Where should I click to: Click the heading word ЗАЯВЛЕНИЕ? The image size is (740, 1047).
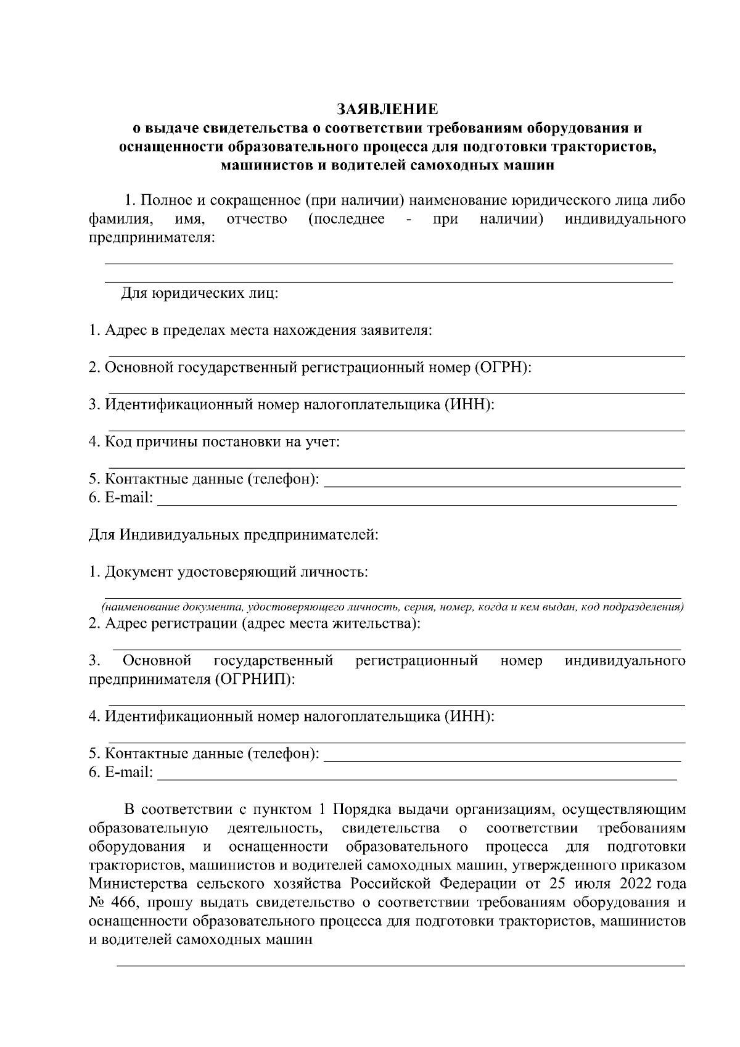(387, 110)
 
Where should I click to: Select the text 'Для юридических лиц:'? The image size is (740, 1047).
(199, 293)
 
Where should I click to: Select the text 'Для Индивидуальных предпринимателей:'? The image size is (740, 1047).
(233, 535)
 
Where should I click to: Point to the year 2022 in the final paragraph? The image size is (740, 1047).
(631, 884)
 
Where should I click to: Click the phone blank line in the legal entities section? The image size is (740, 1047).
(502, 487)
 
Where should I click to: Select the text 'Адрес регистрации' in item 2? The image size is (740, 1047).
(171, 623)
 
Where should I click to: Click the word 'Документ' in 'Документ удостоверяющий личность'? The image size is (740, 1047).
(139, 572)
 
